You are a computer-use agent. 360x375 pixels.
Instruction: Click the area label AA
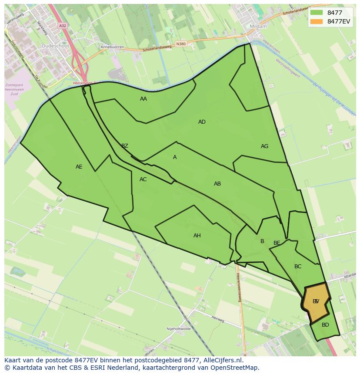pyautogui.click(x=143, y=99)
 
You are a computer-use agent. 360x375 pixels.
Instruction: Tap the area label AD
pyautogui.click(x=202, y=122)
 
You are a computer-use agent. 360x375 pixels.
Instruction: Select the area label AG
pyautogui.click(x=264, y=146)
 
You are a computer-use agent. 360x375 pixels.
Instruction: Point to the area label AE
pyautogui.click(x=79, y=167)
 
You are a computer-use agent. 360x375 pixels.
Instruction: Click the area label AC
pyautogui.click(x=143, y=179)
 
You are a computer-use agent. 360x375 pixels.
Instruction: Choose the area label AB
pyautogui.click(x=217, y=184)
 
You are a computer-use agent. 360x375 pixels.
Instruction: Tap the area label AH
pyautogui.click(x=197, y=236)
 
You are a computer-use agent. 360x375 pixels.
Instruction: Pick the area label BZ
pyautogui.click(x=125, y=146)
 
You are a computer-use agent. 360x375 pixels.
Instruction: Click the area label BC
pyautogui.click(x=298, y=267)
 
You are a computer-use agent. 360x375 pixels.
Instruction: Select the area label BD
pyautogui.click(x=325, y=325)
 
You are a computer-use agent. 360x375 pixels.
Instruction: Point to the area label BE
pyautogui.click(x=277, y=243)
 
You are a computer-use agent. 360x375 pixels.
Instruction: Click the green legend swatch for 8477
pyautogui.click(x=317, y=13)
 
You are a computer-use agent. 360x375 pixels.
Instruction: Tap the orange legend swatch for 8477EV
pyautogui.click(x=317, y=21)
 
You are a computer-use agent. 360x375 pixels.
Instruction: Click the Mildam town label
pyautogui.click(x=258, y=26)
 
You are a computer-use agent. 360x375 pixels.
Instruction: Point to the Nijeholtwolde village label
pyautogui.click(x=179, y=329)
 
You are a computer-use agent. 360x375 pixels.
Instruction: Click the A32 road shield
pyautogui.click(x=63, y=26)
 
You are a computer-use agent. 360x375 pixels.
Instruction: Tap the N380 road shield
pyautogui.click(x=181, y=44)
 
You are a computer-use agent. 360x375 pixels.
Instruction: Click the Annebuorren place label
pyautogui.click(x=112, y=47)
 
